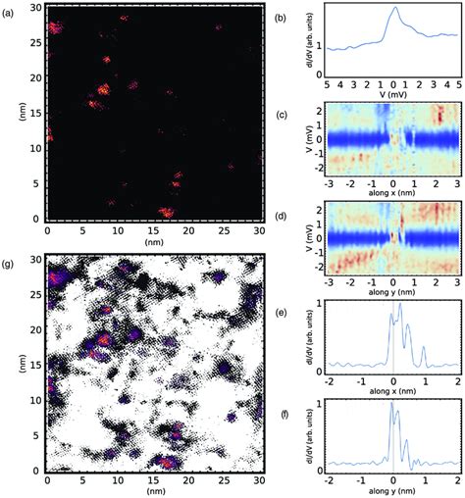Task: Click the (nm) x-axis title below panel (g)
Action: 153,493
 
